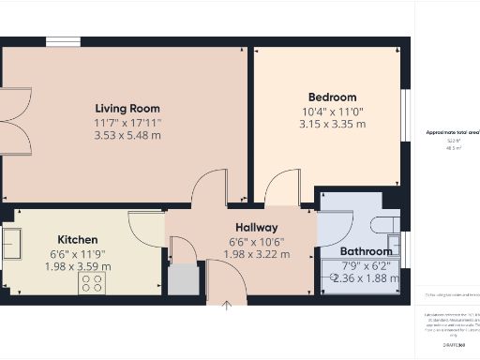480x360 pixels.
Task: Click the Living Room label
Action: pos(127,108)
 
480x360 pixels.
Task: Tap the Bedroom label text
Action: pos(333,97)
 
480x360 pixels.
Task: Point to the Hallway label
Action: pos(256,228)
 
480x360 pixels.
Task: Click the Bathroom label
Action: pos(366,251)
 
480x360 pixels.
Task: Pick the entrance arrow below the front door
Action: pos(227,305)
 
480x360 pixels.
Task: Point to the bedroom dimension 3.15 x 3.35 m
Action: pos(333,124)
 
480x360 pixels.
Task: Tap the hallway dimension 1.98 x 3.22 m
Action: pos(256,254)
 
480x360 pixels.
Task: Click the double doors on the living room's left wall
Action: pos(16,120)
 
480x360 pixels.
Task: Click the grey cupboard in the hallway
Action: pos(185,279)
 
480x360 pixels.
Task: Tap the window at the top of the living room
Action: pos(62,42)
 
